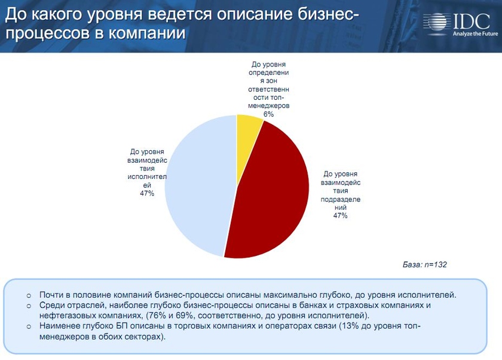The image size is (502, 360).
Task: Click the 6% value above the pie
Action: pyautogui.click(x=268, y=114)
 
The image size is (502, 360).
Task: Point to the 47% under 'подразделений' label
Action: pyautogui.click(x=340, y=215)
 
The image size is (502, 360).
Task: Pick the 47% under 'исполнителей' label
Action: pyautogui.click(x=147, y=193)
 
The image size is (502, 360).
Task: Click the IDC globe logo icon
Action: pyautogui.click(x=437, y=22)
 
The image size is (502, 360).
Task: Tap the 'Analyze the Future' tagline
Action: pyautogui.click(x=467, y=34)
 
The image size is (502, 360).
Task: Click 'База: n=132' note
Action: pyautogui.click(x=425, y=264)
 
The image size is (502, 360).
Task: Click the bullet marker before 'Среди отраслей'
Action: pyautogui.click(x=29, y=306)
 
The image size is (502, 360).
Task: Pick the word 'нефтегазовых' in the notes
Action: pyautogui.click(x=66, y=315)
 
